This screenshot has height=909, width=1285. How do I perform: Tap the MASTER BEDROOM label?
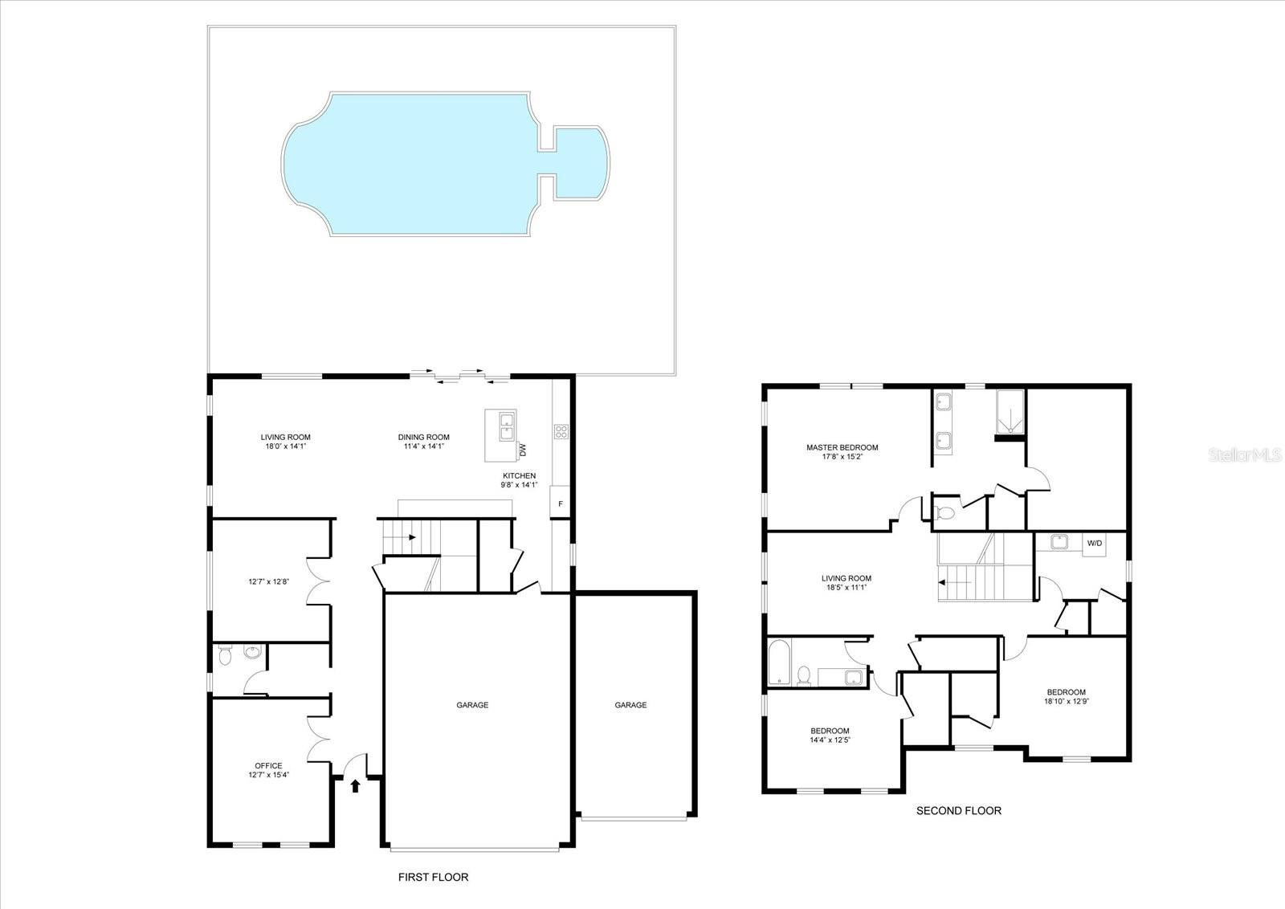(842, 448)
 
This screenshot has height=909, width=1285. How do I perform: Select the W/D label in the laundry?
(1095, 544)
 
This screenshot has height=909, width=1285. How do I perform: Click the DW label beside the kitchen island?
(523, 450)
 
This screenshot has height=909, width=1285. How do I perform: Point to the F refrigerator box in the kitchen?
(561, 504)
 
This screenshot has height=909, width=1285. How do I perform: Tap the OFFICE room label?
(268, 765)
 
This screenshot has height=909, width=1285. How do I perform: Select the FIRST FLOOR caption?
(433, 878)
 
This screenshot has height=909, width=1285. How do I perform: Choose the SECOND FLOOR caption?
(958, 811)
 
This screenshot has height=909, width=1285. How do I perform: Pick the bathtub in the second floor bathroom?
(779, 662)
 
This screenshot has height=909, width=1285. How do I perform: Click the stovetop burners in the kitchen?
(561, 431)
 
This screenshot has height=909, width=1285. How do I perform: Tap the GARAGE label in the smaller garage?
(630, 705)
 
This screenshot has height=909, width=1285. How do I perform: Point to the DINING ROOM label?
(423, 438)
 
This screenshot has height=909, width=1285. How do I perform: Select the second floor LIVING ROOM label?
(846, 578)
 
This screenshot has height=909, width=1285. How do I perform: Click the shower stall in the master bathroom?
(1010, 412)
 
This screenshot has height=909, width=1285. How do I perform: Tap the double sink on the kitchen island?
(506, 426)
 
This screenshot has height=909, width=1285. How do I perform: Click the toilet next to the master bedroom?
(946, 512)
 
